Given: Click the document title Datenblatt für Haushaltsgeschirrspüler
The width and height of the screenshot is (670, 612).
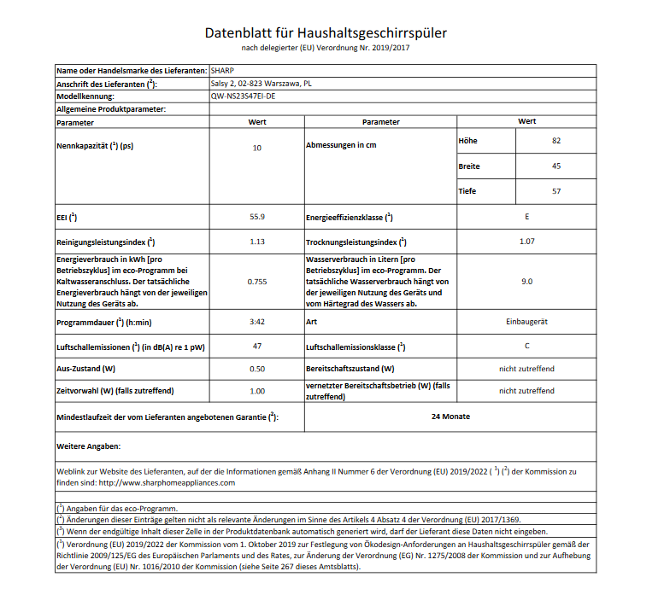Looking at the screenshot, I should [326, 33].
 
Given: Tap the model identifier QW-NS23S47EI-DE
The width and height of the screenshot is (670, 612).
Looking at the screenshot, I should [243, 96].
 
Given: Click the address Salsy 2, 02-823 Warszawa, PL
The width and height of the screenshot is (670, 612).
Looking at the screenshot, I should [261, 84].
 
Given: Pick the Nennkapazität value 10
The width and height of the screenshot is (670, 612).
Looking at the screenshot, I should [256, 148].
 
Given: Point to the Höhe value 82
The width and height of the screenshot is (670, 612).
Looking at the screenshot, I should [556, 140].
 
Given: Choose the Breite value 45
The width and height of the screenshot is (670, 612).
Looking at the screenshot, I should [556, 166].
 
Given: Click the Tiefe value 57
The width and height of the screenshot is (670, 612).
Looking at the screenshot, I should [556, 191].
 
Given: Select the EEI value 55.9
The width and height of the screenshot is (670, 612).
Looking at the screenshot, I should [256, 217].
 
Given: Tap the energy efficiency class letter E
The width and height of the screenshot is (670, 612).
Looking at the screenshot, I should [526, 217].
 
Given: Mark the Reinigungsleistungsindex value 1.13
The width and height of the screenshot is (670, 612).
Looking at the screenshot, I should [256, 242].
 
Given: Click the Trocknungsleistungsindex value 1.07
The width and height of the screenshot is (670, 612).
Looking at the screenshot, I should [526, 242].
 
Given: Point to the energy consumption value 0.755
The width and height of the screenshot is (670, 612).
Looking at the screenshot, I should [256, 281].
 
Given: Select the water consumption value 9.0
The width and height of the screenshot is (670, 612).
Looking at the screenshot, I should [526, 281].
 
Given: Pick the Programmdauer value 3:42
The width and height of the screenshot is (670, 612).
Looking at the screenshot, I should [256, 322].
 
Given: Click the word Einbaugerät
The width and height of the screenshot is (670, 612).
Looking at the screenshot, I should [526, 322].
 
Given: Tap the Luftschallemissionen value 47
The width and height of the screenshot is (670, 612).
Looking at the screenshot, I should [256, 346].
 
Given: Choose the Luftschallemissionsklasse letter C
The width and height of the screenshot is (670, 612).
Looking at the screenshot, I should [526, 346].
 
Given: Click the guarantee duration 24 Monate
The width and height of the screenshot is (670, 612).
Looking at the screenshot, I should [451, 417].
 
